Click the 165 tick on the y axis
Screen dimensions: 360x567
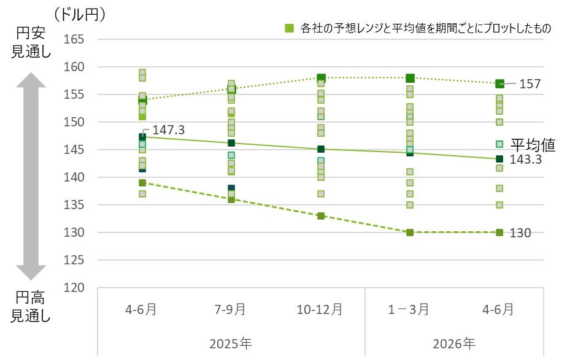(x=75, y=39)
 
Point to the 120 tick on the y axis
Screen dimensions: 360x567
(x=75, y=288)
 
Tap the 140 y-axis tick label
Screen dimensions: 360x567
(x=75, y=177)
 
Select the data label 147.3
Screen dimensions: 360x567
(x=168, y=130)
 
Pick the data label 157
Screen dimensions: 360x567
(x=530, y=84)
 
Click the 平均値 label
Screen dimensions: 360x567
(x=533, y=145)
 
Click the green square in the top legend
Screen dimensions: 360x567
(x=288, y=28)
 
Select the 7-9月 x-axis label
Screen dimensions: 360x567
(x=231, y=309)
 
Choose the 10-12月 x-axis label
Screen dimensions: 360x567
(x=320, y=309)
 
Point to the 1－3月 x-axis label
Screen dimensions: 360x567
(x=410, y=309)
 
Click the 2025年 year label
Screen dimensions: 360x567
(x=231, y=342)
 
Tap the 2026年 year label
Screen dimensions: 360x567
(x=455, y=342)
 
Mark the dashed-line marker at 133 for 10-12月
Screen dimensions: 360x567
(x=320, y=216)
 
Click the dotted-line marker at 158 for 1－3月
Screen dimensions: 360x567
(x=410, y=78)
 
